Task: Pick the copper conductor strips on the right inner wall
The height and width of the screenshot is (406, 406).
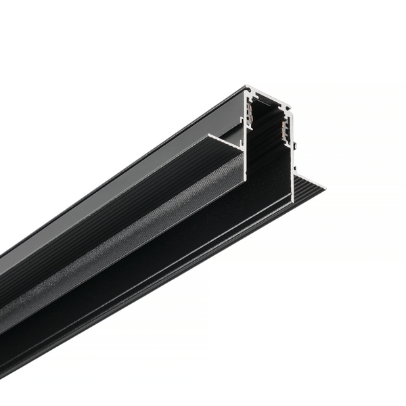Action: (x=286, y=129)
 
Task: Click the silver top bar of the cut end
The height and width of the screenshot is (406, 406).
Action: (x=267, y=97)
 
